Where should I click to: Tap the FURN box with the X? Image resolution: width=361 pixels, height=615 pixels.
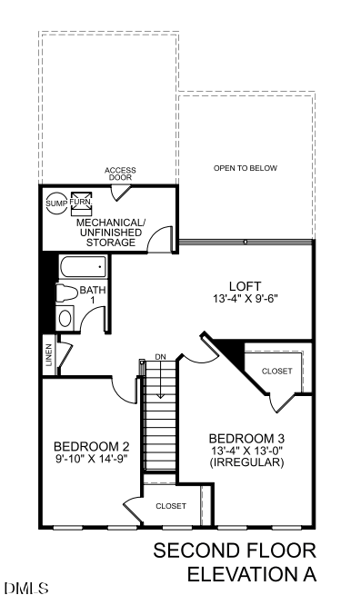[81, 201]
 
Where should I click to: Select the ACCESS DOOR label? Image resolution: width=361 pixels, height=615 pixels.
[120, 174]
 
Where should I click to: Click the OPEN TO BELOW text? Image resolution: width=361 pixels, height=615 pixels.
[245, 168]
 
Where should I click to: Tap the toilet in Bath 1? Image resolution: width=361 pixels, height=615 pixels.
[65, 293]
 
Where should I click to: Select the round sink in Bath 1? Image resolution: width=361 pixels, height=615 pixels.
[65, 318]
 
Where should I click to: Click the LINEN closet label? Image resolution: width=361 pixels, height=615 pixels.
[48, 355]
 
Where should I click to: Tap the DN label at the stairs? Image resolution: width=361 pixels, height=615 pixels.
[161, 355]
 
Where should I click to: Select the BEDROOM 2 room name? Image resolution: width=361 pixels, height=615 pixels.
[92, 446]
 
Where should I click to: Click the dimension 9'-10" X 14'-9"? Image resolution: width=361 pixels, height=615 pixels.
[92, 459]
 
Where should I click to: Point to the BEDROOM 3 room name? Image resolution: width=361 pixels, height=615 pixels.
[246, 437]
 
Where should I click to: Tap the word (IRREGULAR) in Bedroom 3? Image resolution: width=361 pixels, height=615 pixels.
[246, 462]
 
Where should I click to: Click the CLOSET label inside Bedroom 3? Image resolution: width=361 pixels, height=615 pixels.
[276, 372]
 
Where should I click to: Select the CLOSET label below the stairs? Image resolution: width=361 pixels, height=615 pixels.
[171, 505]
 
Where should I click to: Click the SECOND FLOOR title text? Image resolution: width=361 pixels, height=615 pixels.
[235, 551]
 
